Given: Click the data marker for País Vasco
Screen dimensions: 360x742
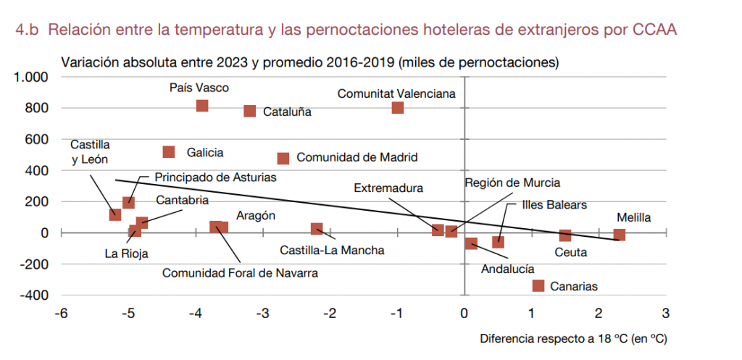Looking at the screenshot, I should click(x=202, y=106).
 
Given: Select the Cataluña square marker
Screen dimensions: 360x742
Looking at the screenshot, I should click(x=250, y=111).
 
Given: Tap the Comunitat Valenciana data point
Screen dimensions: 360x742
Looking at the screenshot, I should click(x=398, y=108).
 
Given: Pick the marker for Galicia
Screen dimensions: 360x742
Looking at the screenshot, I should click(x=169, y=152).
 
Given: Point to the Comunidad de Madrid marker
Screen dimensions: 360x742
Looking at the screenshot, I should click(x=283, y=158).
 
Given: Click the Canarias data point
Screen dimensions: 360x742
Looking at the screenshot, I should click(x=538, y=285).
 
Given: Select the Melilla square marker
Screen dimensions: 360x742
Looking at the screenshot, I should click(x=620, y=234).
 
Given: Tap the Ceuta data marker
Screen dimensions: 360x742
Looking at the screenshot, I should click(x=565, y=235).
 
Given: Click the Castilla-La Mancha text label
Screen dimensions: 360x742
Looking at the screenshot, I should click(x=332, y=251).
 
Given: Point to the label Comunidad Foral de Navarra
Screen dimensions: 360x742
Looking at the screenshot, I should click(x=240, y=273).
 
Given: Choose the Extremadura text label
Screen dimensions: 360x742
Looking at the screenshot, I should click(x=388, y=188).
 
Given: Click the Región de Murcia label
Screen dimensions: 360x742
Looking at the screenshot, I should click(x=512, y=183).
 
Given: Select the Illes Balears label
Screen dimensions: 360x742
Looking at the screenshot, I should click(x=554, y=205).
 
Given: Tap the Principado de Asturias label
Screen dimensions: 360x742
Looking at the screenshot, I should click(x=215, y=177).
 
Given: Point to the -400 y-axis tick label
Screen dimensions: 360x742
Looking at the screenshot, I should click(x=33, y=296).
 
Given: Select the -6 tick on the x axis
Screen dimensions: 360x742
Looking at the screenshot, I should click(x=62, y=314).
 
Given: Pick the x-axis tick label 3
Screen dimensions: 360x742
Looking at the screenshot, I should click(x=665, y=314).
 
